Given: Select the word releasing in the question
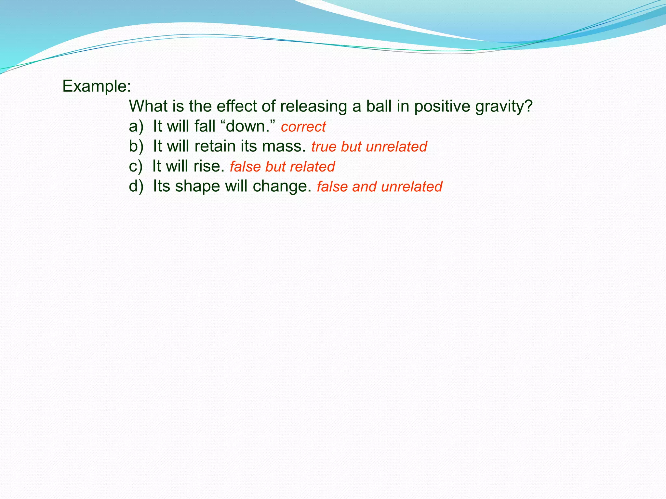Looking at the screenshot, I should [309, 107].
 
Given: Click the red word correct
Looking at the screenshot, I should [303, 127].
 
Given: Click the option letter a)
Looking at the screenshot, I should [136, 126].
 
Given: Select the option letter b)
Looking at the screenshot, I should [136, 147].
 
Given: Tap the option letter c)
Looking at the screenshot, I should [136, 167].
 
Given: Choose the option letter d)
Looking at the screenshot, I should [136, 186].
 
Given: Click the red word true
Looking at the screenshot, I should [324, 147].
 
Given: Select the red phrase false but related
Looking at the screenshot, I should [282, 167].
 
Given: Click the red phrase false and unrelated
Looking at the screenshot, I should [380, 187].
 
